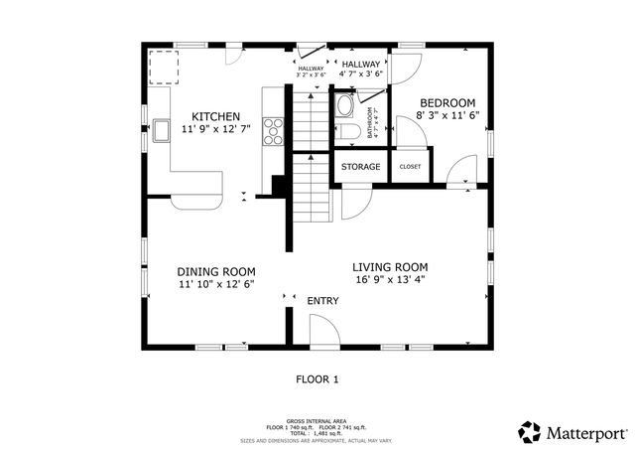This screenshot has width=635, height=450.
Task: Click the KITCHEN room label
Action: coord(216,116)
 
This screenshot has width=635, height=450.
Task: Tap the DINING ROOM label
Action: coord(216,271)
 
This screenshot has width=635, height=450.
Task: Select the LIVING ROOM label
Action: coord(391,266)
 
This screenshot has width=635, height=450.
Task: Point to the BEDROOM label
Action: coord(447,103)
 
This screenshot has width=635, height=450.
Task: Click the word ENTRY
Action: coord(322,301)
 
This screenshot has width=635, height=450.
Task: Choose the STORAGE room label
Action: coord(361,167)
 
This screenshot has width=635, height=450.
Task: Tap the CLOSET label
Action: coord(410,167)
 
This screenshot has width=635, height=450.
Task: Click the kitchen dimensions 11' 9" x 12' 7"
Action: coord(216,129)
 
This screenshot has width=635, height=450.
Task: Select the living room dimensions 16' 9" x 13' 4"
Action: coord(391,280)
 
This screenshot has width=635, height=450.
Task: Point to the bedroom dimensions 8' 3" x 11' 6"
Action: coord(447,116)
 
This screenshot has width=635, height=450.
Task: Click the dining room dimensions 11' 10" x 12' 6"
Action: coord(216,285)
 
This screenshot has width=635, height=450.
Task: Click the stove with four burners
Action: coord(273,131)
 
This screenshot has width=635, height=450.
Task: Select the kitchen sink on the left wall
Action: coord(162,130)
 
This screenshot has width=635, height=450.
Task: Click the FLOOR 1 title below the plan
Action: coord(317,378)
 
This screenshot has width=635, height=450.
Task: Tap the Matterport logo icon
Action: coord(530,432)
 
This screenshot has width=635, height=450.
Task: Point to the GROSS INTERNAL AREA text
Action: coord(316,421)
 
